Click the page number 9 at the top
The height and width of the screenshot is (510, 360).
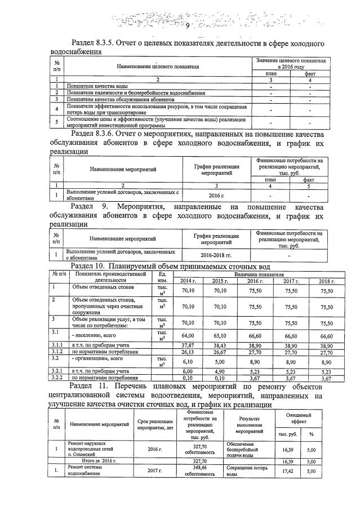point(188,26)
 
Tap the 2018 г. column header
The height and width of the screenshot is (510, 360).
point(326,281)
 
